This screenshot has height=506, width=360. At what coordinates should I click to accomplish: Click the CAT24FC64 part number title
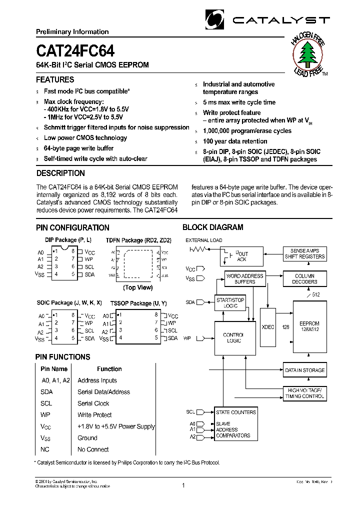(x=75, y=52)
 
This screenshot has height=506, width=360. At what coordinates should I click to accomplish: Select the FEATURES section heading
(x=55, y=80)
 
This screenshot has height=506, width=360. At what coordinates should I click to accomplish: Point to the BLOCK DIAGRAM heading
(x=212, y=227)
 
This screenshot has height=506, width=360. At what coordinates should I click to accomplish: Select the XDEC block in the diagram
(x=268, y=326)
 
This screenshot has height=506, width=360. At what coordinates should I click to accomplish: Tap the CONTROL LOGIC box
(x=232, y=337)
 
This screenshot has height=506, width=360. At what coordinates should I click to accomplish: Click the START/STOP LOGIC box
(x=230, y=302)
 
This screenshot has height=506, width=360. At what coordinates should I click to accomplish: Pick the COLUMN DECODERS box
(x=304, y=279)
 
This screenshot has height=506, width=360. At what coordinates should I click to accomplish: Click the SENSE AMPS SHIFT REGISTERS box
(x=304, y=253)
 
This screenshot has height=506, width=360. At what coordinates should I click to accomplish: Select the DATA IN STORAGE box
(x=304, y=370)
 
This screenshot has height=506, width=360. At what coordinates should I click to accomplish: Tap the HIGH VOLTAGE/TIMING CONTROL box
(x=304, y=393)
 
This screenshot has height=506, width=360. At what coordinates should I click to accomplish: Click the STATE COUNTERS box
(x=235, y=412)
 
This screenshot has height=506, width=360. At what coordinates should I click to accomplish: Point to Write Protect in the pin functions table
(x=94, y=415)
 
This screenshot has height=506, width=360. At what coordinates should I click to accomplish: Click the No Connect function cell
(x=93, y=449)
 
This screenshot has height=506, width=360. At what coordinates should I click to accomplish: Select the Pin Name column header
(x=54, y=369)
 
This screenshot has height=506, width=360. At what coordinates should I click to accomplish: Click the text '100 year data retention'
(x=235, y=141)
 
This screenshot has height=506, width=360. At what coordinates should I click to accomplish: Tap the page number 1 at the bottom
(x=183, y=485)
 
